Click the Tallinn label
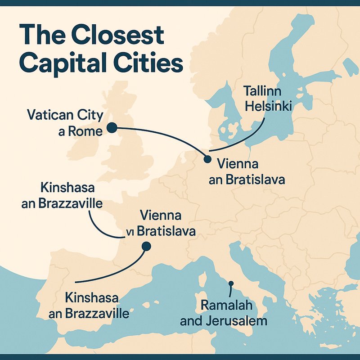tap(262, 91)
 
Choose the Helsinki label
tap(263, 107)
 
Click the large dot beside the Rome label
tap(111, 128)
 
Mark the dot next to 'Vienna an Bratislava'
tap(207, 159)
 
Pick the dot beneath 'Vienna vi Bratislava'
tap(146, 246)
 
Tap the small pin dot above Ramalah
tap(231, 284)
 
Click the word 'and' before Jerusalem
tap(192, 320)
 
